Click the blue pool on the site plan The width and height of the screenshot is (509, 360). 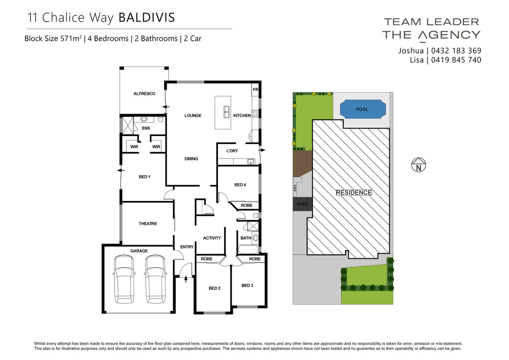click(363, 109)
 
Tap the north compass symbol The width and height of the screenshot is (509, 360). click(419, 165)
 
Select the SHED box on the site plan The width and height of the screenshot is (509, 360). click(302, 204)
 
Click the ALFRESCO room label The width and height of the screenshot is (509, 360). click(144, 94)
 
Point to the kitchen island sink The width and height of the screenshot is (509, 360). click(227, 112)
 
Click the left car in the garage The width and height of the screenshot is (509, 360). click(124, 279)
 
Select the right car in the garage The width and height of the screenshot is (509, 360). click(155, 279)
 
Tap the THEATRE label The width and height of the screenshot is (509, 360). click(148, 224)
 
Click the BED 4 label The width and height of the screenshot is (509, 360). click(240, 185)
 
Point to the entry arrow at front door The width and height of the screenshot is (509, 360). click(186, 279)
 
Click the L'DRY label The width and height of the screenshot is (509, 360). click(232, 151)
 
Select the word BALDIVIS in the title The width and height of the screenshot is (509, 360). click(147, 17)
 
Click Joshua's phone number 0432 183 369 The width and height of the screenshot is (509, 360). click(456, 50)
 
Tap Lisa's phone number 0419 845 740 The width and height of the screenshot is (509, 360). click(456, 60)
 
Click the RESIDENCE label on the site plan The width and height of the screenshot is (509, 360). click(354, 193)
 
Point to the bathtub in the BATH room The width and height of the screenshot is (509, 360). click(249, 249)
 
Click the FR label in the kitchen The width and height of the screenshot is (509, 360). click(255, 90)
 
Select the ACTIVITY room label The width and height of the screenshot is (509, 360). click(212, 238)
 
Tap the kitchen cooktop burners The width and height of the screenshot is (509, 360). click(255, 114)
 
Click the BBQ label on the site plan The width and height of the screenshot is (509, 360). click(295, 188)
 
